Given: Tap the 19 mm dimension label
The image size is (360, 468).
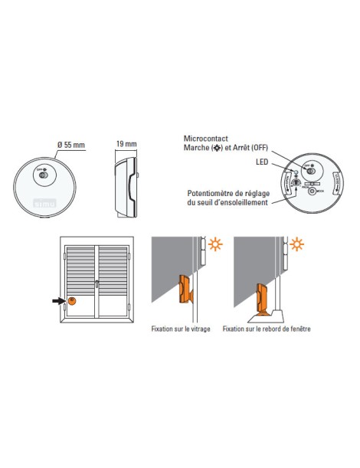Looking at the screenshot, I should [126, 144].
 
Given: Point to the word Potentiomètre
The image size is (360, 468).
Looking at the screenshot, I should [207, 193].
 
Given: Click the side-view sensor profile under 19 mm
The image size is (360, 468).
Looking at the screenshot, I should [126, 183].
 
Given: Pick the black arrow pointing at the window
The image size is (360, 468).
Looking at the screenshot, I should [58, 301].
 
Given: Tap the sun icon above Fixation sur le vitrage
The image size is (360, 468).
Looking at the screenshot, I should [214, 246].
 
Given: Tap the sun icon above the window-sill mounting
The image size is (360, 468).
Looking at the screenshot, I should [296, 246].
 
